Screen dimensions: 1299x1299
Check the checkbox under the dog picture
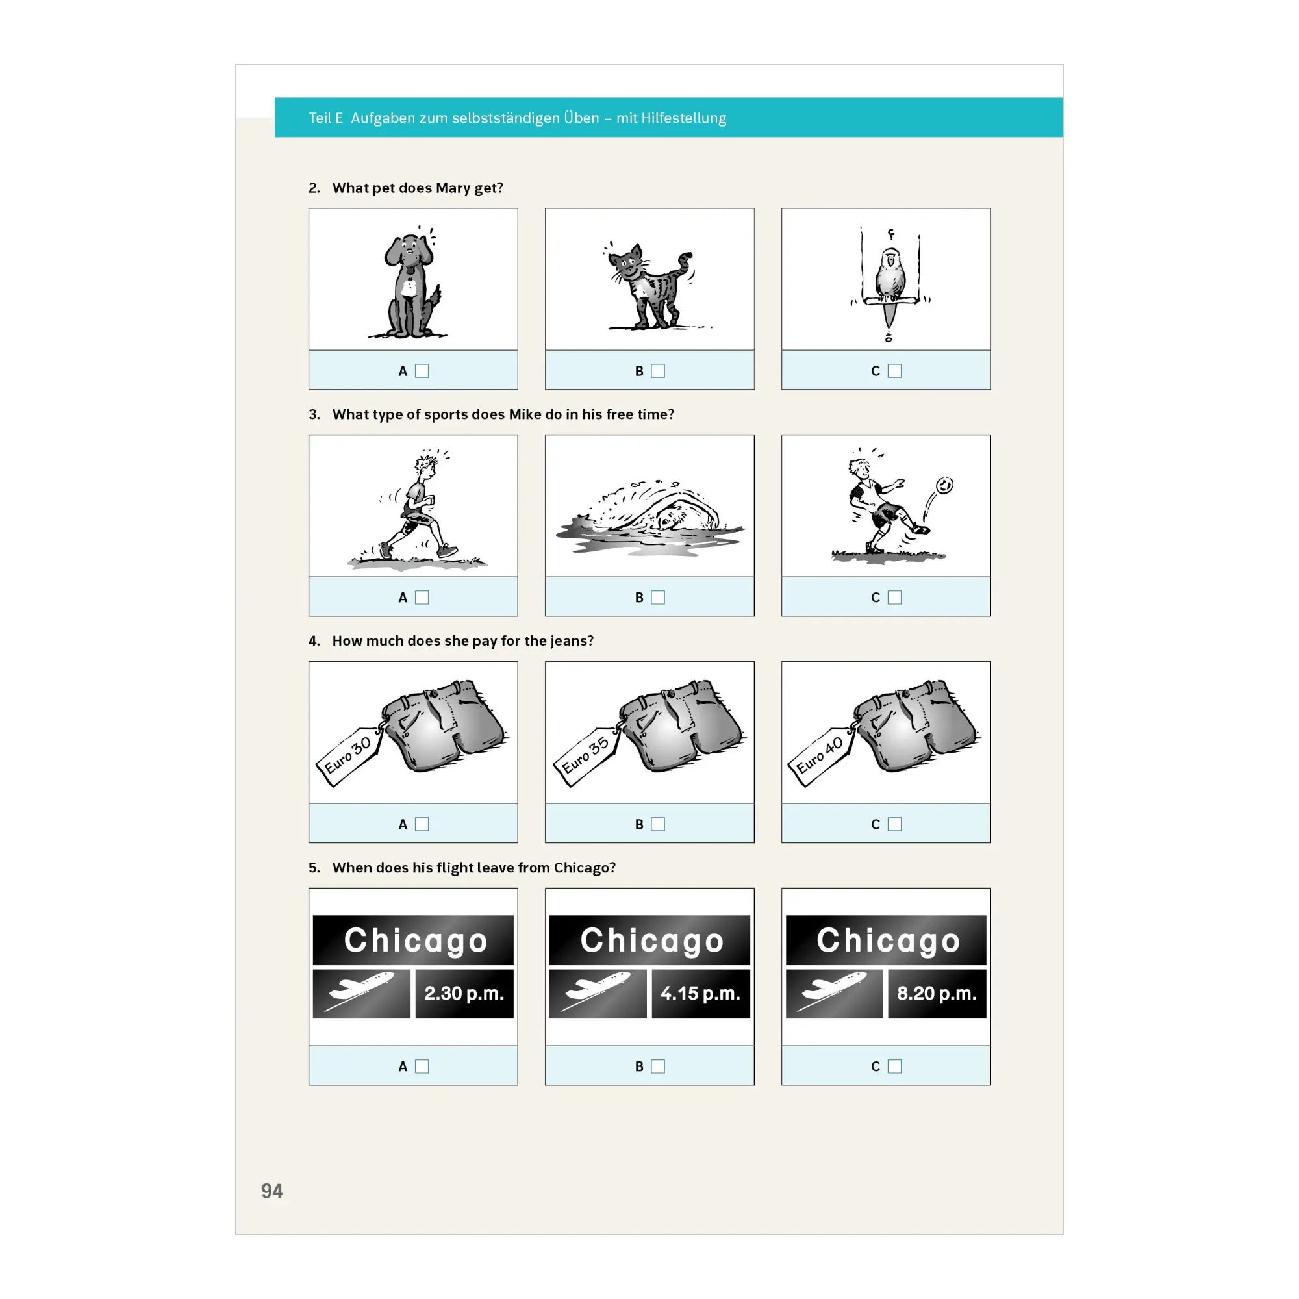pyautogui.click(x=422, y=370)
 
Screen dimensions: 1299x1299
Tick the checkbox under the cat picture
pyautogui.click(x=657, y=370)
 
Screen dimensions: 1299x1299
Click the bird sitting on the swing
pyautogui.click(x=890, y=275)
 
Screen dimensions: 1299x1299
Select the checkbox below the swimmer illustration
pyautogui.click(x=657, y=597)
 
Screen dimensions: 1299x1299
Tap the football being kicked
pyautogui.click(x=944, y=485)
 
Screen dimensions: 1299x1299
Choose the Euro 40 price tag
pyautogui.click(x=821, y=757)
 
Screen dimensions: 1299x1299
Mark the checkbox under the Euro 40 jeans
pyautogui.click(x=894, y=824)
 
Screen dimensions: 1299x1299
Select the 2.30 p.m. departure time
pyautogui.click(x=464, y=993)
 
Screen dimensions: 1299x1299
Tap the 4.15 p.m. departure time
pyautogui.click(x=701, y=993)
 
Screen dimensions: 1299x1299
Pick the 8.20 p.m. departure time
pyautogui.click(x=937, y=993)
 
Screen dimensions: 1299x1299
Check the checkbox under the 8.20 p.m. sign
pyautogui.click(x=894, y=1066)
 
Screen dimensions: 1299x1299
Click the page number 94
pyautogui.click(x=271, y=1191)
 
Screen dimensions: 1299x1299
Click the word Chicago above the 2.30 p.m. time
pyautogui.click(x=416, y=940)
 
